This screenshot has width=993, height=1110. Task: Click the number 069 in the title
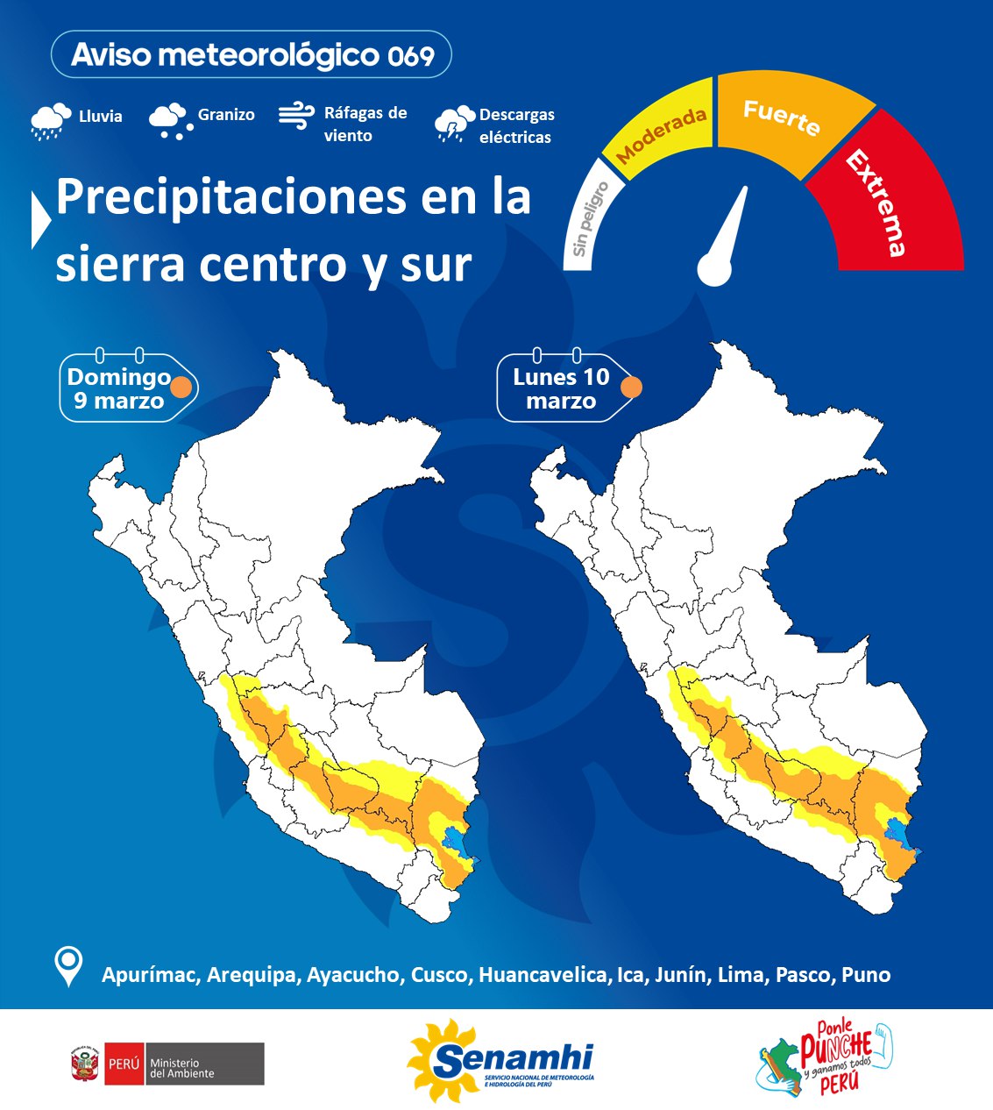411,56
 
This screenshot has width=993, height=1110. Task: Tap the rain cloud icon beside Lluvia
50,120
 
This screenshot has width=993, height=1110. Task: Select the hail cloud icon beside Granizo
169,120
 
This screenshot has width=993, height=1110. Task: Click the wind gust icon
296,116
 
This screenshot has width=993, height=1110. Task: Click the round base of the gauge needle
714,268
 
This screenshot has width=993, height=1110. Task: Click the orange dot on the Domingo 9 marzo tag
181,387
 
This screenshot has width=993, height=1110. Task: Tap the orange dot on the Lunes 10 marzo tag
631,387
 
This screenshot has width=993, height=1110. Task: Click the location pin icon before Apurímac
68,966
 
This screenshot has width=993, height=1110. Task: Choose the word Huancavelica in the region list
543,975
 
